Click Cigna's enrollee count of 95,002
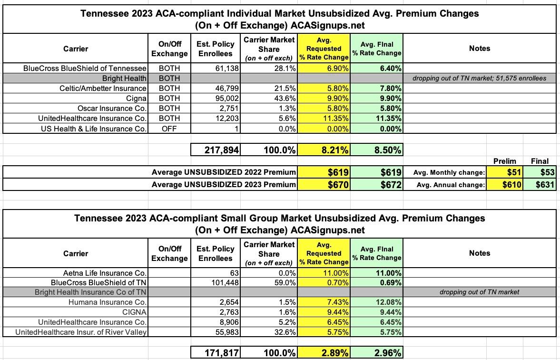pyautogui.click(x=226, y=98)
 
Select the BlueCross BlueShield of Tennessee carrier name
pyautogui.click(x=85, y=68)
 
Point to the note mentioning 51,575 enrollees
pyautogui.click(x=479, y=78)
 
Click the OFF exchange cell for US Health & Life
pyautogui.click(x=169, y=128)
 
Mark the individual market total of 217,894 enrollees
pyautogui.click(x=216, y=150)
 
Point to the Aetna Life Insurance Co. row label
pyautogui.click(x=105, y=273)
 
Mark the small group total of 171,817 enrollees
pyautogui.click(x=216, y=353)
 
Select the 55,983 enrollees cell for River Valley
pyautogui.click(x=226, y=332)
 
